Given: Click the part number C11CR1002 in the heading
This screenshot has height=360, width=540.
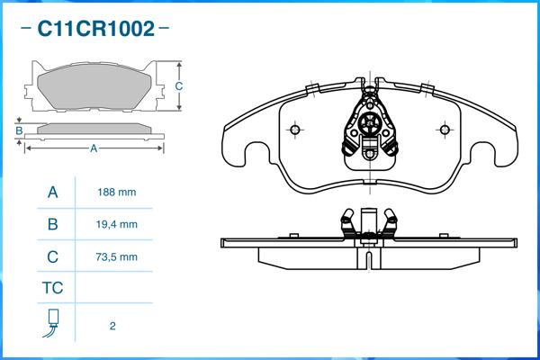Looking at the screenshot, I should click(94, 29).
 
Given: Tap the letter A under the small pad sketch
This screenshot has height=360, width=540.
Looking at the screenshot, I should click(94, 149).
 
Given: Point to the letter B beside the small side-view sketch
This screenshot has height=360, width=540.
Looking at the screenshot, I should click(19, 130).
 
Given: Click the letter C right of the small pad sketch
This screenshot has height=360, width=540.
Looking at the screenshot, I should click(179, 86).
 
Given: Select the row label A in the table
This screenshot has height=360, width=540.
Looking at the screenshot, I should click(52, 193).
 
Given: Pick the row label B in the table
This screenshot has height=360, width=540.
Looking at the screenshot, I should click(52, 224).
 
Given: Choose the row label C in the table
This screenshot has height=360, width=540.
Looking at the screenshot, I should click(52, 256).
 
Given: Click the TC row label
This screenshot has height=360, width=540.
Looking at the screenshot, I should click(52, 289).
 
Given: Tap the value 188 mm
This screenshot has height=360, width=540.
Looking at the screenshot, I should click(116, 193).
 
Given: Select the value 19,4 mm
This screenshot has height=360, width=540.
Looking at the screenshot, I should click(116, 224).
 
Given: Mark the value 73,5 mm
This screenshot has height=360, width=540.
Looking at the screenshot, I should click(116, 256).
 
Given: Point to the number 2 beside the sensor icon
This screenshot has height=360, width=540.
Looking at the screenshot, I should click(112, 326).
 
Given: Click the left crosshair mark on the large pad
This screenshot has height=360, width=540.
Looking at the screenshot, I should click(295, 128).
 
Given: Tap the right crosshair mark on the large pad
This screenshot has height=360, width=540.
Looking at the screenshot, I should click(443, 128).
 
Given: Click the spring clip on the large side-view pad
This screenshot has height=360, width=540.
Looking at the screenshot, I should click(369, 225).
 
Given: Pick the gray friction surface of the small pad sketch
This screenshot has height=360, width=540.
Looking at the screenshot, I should click(94, 87).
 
